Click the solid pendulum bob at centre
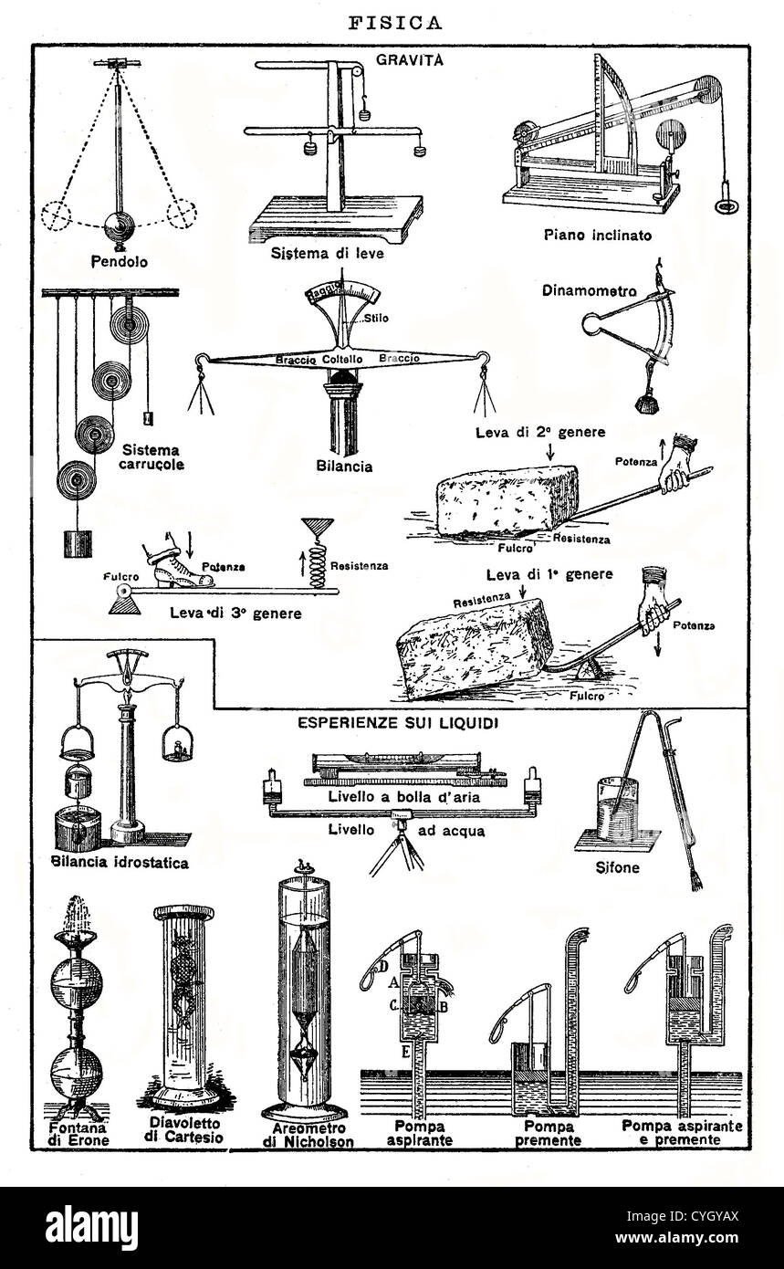[x=119, y=226]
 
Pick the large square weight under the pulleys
[x=77, y=544]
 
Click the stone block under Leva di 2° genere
[x=506, y=501]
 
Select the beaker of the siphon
[x=618, y=809]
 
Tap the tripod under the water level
[x=399, y=850]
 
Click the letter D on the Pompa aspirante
[x=384, y=966]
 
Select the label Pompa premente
[x=547, y=1133]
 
